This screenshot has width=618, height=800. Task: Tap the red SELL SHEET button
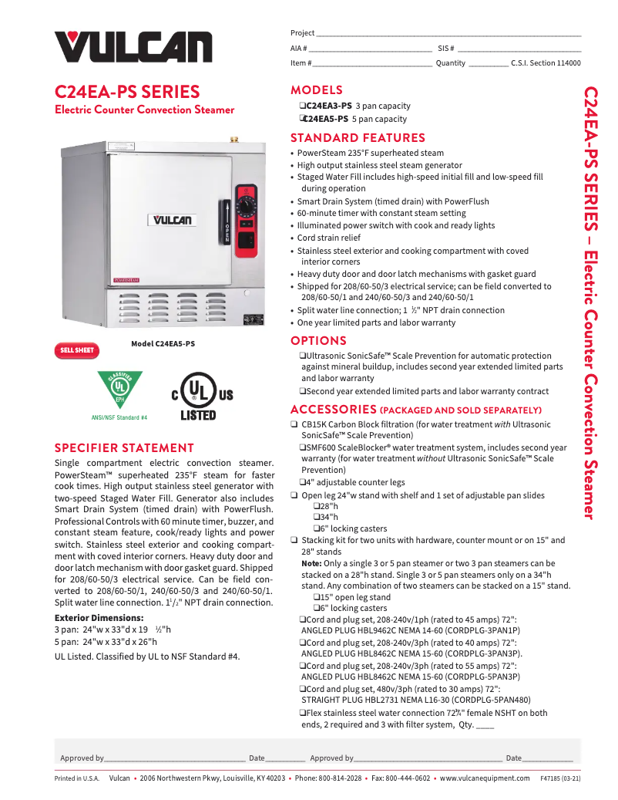[x=77, y=350]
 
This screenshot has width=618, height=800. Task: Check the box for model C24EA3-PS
[x=302, y=106]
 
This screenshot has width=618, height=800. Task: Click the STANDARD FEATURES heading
[x=358, y=138]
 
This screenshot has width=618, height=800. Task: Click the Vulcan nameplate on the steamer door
[x=171, y=220]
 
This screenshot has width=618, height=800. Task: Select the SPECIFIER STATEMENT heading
[x=124, y=448]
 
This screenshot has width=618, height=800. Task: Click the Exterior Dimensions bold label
[x=99, y=618]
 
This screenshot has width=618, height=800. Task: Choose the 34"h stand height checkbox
[x=317, y=516]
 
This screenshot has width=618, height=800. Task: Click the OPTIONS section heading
[x=318, y=341]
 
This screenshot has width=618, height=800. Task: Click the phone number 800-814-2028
[x=339, y=778]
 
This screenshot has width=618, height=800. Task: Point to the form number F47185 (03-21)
[x=560, y=778]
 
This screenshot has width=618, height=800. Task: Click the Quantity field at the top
[x=488, y=64]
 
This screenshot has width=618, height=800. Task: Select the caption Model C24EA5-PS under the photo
[x=163, y=344]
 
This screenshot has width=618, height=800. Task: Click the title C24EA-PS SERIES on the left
[x=127, y=92]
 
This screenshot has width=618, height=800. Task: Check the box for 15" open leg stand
[x=317, y=597]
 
